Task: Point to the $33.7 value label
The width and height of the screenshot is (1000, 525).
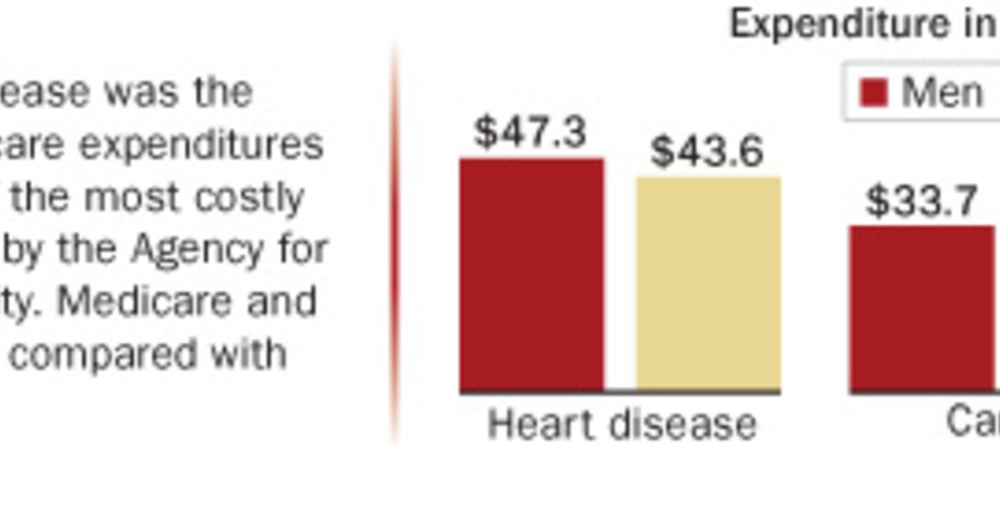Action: [x=921, y=202]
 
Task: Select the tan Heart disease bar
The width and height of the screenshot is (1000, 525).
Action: [x=708, y=283]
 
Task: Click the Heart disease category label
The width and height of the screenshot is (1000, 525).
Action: [x=622, y=424]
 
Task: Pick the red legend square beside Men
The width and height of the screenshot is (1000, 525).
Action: [x=873, y=92]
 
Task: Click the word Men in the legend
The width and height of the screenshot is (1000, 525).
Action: [x=942, y=92]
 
